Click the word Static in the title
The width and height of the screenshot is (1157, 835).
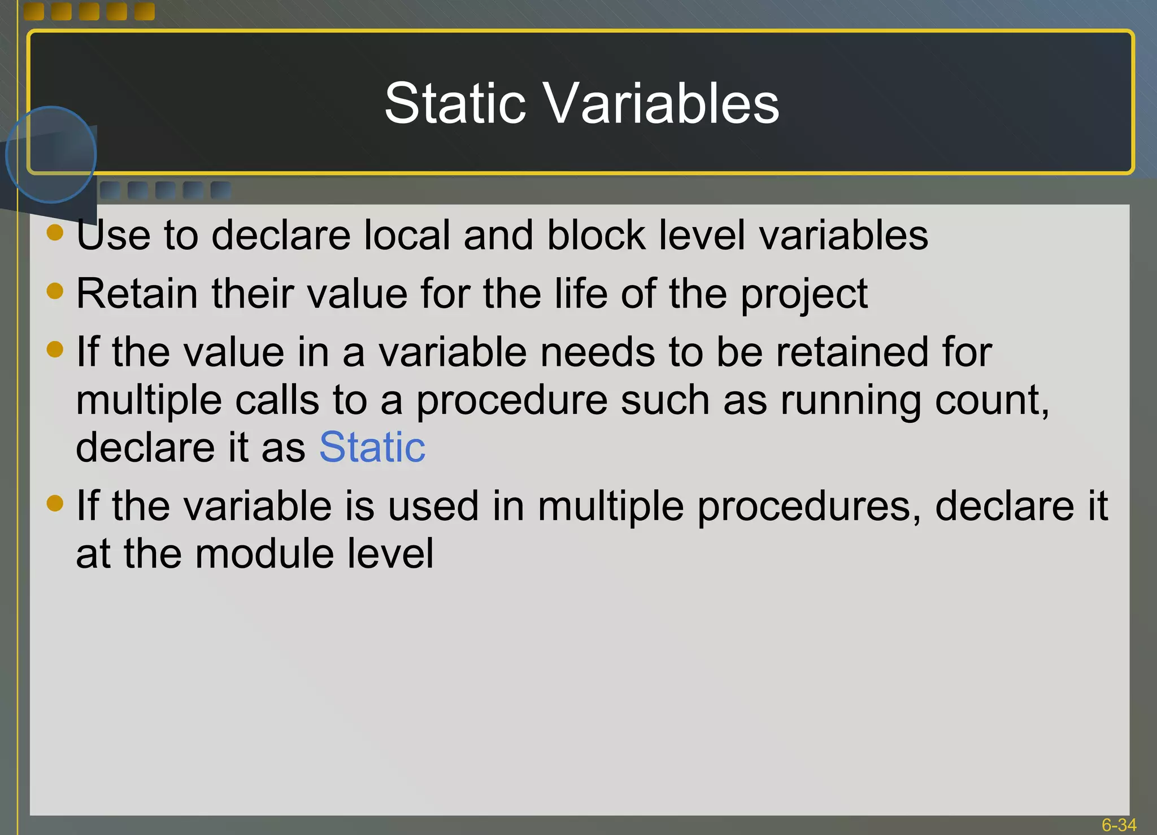(455, 103)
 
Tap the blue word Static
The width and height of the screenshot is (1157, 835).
(372, 447)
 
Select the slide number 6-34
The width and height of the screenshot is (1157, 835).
(1119, 825)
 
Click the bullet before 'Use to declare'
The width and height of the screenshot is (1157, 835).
(55, 232)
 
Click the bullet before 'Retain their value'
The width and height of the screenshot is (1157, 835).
(55, 291)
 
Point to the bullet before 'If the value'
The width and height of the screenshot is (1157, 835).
(55, 349)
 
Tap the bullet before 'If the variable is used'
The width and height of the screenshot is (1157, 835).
(55, 502)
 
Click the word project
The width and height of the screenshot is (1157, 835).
(804, 295)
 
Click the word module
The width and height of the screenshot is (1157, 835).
(265, 553)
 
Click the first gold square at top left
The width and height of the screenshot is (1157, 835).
(34, 11)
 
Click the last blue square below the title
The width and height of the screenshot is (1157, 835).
(221, 190)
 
